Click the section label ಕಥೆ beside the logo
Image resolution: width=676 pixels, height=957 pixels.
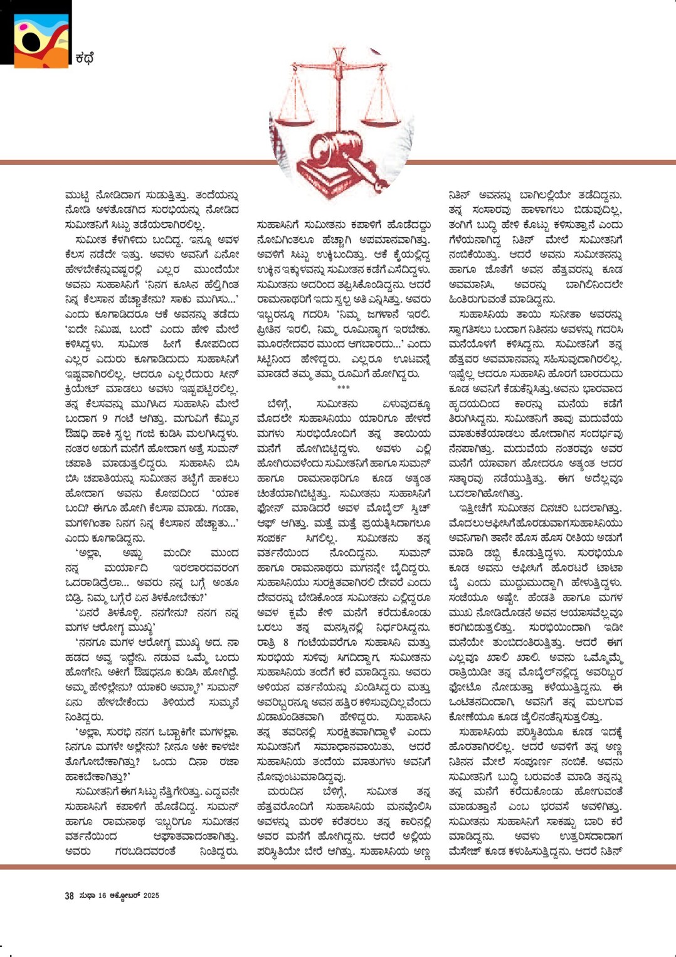[84, 59]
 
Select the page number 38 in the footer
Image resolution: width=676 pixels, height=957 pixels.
[69, 896]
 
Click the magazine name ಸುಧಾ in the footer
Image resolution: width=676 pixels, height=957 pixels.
[87, 896]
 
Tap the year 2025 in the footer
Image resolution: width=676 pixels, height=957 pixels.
[151, 896]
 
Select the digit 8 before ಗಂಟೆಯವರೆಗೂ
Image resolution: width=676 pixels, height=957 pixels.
[285, 642]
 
